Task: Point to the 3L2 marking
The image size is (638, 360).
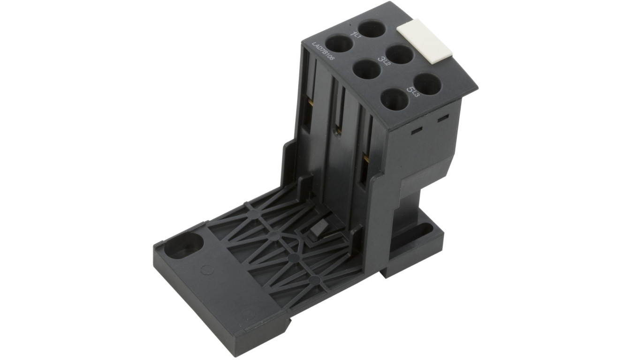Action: point(384,61)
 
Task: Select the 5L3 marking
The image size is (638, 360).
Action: point(412,90)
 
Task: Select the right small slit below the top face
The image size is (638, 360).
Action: point(441,121)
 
